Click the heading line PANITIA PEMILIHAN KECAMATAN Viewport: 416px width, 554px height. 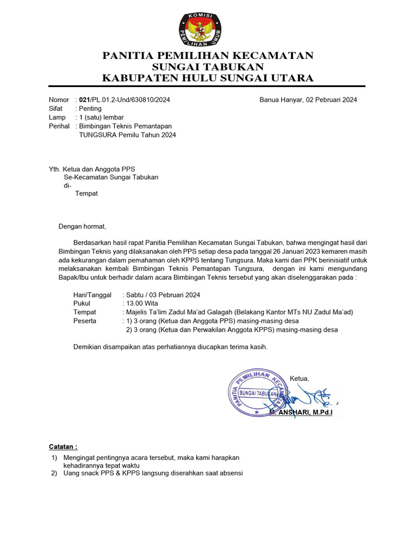pyautogui.click(x=208, y=56)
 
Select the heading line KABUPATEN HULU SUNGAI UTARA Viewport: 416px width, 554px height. pyautogui.click(x=208, y=78)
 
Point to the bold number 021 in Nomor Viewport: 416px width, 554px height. pyautogui.click(x=84, y=100)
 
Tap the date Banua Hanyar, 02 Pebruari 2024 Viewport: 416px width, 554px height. pyautogui.click(x=308, y=100)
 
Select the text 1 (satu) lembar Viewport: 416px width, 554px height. pyautogui.click(x=101, y=117)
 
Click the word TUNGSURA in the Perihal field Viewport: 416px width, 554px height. pyautogui.click(x=97, y=135)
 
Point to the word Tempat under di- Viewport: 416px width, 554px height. pyautogui.click(x=87, y=194)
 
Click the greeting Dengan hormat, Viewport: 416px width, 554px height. pyautogui.click(x=83, y=226)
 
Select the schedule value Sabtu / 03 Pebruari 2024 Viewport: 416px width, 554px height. pyautogui.click(x=163, y=295)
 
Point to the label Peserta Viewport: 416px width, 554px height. pyautogui.click(x=84, y=321)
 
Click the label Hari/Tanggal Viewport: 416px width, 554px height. pyautogui.click(x=92, y=295)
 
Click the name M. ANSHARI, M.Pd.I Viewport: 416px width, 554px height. pyautogui.click(x=301, y=413)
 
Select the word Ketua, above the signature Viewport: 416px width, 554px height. pyautogui.click(x=300, y=378)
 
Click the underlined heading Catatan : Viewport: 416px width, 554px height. pyautogui.click(x=63, y=447)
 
